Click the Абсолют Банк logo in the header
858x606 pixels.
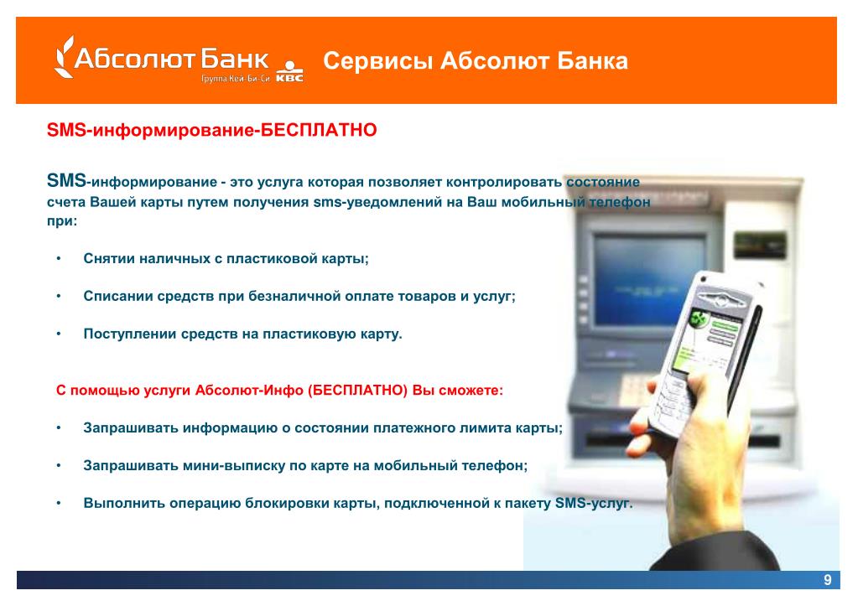point(162,58)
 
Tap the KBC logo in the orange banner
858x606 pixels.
point(289,72)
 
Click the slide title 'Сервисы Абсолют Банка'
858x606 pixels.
point(475,60)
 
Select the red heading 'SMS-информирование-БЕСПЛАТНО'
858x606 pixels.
point(211,130)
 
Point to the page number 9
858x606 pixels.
point(827,580)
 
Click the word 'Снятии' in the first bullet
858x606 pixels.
point(109,258)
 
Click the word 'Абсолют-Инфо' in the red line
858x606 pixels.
point(249,391)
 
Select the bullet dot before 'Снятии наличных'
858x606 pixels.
point(59,258)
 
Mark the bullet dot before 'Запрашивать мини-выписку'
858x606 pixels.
point(59,465)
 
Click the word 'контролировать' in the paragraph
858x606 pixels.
point(504,182)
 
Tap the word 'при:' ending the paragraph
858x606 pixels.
point(62,221)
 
